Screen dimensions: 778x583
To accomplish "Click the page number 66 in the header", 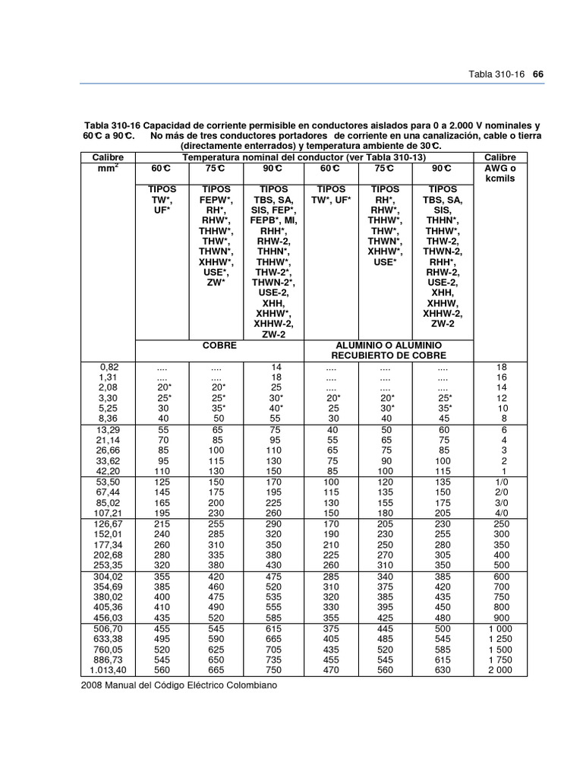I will [540, 74].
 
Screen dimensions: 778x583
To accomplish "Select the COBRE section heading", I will [219, 345].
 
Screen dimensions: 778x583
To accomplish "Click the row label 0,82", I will [108, 366].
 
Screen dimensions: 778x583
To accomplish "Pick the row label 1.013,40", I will [108, 670].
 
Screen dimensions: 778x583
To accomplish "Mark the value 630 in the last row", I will [442, 670].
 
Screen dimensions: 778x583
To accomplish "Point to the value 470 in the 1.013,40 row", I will [331, 670].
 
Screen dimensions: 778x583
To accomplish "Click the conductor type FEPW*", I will [219, 199].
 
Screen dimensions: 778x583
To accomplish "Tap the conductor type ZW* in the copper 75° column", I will [219, 282].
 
